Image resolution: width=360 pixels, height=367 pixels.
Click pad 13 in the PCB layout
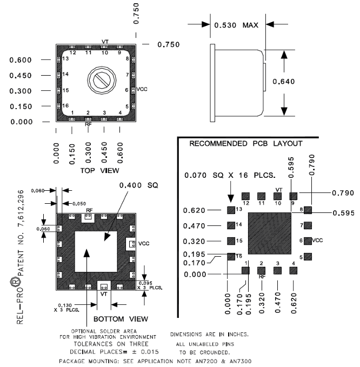(x=231, y=209)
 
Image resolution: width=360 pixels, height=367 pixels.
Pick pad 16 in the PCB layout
(x=231, y=257)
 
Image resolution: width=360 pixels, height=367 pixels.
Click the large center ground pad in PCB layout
(x=270, y=232)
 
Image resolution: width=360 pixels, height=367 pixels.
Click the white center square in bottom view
(x=95, y=252)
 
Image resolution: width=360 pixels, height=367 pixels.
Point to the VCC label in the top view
(x=142, y=89)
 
